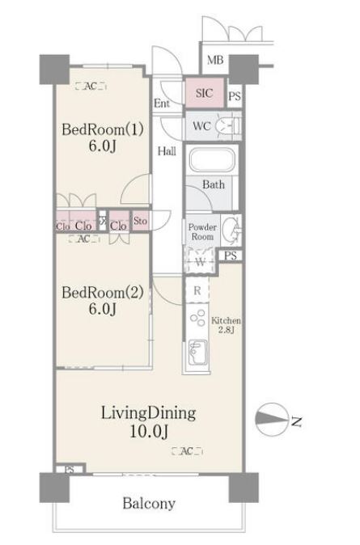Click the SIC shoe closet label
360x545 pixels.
204,93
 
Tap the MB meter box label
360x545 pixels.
215,60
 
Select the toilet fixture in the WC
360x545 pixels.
228,125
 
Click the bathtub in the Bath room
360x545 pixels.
212,160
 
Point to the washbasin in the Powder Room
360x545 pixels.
231,230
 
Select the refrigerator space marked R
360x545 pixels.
197,290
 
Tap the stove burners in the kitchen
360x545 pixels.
197,318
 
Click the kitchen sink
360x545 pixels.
197,353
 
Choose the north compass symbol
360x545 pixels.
272,419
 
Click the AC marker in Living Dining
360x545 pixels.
187,451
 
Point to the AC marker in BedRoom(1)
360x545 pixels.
91,86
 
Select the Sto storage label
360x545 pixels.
140,221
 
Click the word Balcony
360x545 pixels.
149,503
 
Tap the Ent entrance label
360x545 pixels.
162,104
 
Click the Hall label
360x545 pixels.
167,151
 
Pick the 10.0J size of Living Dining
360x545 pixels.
149,432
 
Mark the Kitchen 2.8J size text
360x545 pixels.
226,325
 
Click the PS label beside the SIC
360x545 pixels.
235,96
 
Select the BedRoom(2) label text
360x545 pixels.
103,293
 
